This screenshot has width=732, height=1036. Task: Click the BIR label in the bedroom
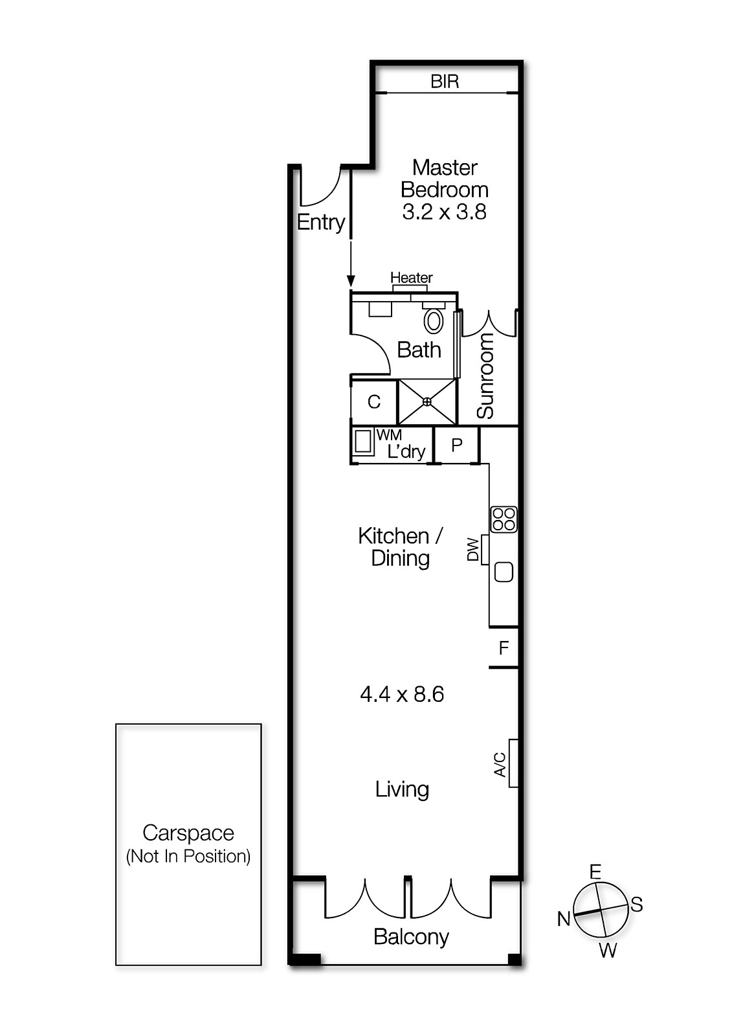coord(445,82)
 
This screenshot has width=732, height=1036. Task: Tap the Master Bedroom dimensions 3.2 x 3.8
coord(444,212)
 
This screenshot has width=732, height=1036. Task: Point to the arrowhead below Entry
coord(351,281)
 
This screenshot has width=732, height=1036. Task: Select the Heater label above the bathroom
coord(411,278)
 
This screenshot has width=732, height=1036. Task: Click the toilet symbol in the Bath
coord(434,321)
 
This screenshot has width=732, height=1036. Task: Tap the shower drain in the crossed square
coord(427,402)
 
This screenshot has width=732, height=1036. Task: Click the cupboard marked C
coord(373,402)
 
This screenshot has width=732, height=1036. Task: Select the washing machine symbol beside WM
coord(363,442)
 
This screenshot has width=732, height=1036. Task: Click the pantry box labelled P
coord(456,445)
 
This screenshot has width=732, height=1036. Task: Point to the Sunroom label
coord(485,376)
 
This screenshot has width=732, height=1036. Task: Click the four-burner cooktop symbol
coord(504,519)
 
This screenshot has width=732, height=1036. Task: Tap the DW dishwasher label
coord(474,550)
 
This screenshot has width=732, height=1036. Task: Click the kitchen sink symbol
coord(504,572)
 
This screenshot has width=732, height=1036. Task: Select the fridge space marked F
coord(504,647)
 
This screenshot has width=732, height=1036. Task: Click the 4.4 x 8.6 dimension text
coord(402,695)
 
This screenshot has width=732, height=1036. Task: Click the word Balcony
coord(411,937)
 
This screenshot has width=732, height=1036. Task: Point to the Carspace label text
coord(188,833)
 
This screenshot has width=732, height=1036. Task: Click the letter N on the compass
coord(564,918)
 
